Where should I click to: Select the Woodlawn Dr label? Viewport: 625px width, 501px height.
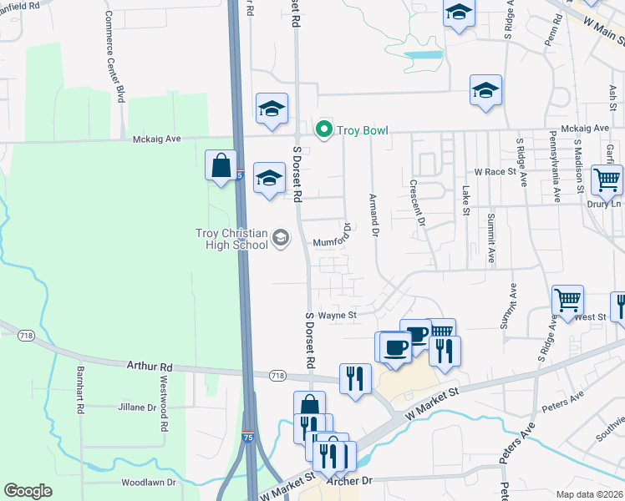coord(148,483)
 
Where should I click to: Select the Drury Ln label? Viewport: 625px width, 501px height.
coord(604,204)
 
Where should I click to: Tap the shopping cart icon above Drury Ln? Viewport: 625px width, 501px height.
coord(607,178)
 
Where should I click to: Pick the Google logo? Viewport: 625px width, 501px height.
coord(28,491)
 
